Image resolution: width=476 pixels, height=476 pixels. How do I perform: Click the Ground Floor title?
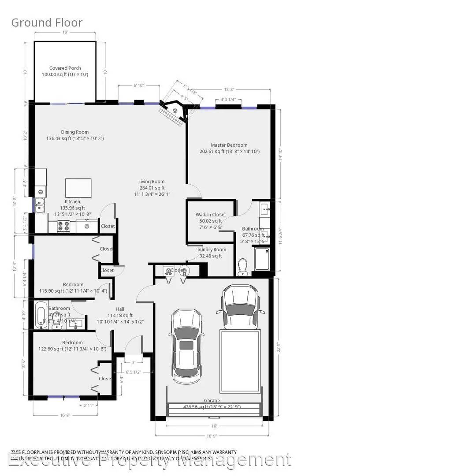[47, 22]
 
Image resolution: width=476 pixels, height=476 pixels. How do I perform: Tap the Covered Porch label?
[65, 68]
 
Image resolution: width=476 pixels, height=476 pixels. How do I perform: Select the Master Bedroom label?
[229, 145]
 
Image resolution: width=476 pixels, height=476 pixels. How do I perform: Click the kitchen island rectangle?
[78, 188]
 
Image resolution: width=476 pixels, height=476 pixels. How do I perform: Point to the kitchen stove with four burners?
[64, 227]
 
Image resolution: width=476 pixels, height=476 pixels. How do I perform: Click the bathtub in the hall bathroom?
[41, 314]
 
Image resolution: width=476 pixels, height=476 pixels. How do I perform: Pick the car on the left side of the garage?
[186, 346]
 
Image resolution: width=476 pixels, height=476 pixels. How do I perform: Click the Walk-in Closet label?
[211, 215]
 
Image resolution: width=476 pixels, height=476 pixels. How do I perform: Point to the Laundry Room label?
[211, 249]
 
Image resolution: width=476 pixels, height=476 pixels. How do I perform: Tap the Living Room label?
[151, 182]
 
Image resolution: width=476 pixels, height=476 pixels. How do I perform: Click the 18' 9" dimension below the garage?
[212, 436]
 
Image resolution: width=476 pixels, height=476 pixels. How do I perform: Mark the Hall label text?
[120, 309]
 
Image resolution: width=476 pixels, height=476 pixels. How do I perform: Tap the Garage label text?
[212, 401]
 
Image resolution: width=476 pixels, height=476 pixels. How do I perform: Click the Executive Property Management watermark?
[150, 461]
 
